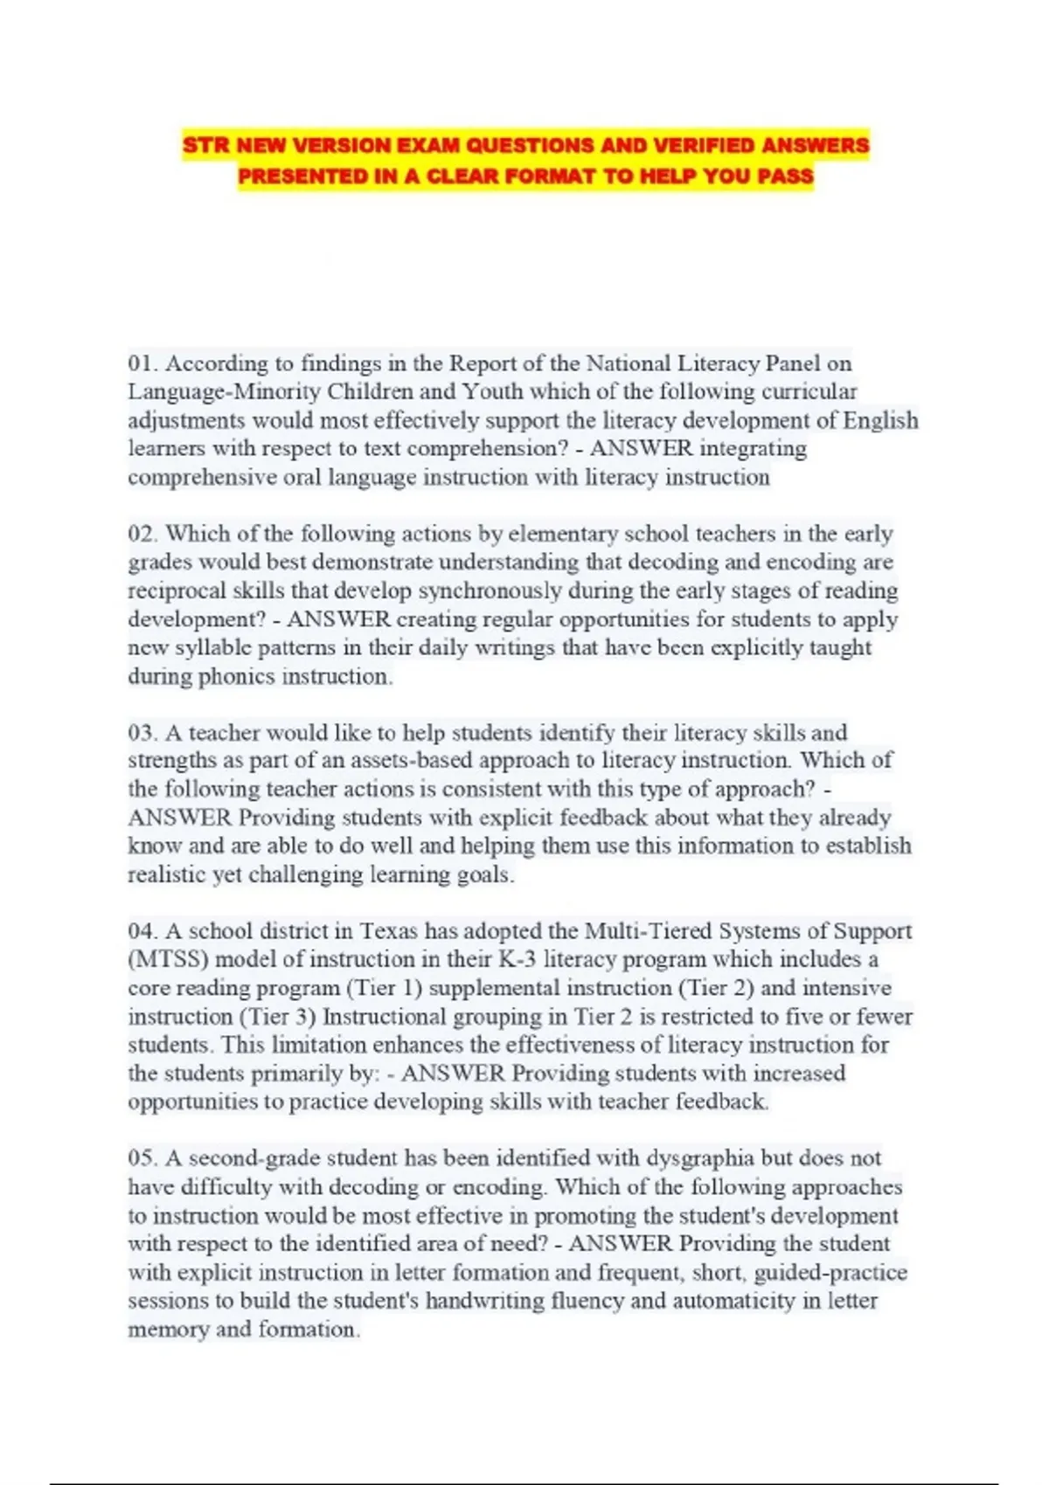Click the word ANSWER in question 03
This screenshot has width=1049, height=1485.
tap(180, 818)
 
